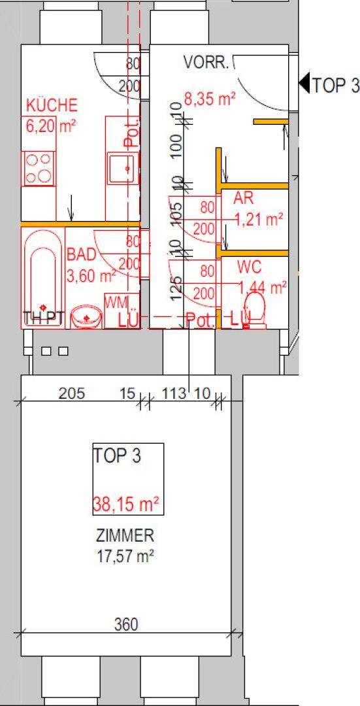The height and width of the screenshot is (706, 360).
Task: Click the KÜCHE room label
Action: tap(52, 105)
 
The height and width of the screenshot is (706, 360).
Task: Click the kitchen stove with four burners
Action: tap(39, 168)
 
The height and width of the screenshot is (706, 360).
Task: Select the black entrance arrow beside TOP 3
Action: tap(304, 83)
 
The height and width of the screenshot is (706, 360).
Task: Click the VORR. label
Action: tap(206, 63)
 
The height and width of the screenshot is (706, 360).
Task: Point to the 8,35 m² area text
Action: tap(209, 99)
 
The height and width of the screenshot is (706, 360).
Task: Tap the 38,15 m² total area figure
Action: tap(127, 504)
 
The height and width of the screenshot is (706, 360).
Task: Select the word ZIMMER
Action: tap(125, 537)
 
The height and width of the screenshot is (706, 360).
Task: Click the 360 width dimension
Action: tap(125, 625)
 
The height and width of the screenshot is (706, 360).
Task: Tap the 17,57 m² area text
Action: tap(125, 557)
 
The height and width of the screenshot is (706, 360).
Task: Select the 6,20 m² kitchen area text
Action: tap(50, 126)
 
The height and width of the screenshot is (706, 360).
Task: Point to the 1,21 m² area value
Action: tap(261, 220)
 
